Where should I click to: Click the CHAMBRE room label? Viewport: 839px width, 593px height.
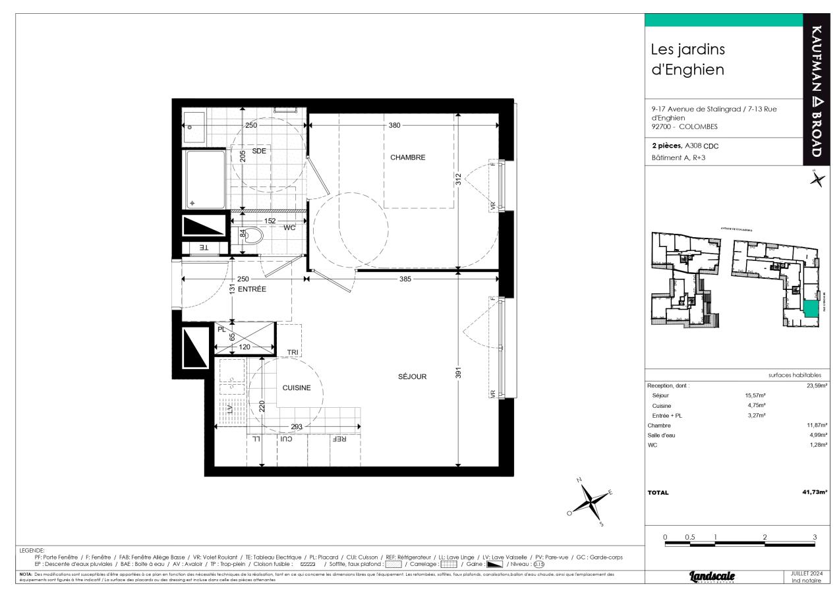click(x=408, y=157)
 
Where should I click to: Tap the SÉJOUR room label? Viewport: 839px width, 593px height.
click(x=413, y=377)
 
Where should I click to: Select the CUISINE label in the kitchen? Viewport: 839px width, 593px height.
click(x=297, y=388)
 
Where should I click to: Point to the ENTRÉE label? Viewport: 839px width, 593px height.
click(x=252, y=289)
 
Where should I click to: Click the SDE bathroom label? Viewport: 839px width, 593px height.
click(x=258, y=151)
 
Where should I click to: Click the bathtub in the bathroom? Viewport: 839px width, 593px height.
click(x=205, y=180)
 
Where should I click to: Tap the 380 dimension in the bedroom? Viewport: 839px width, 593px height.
click(x=394, y=125)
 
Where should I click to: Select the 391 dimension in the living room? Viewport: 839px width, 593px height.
click(x=459, y=373)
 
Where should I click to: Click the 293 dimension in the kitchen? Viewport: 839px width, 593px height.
click(x=297, y=427)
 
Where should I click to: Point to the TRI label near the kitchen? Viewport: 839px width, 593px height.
click(x=293, y=353)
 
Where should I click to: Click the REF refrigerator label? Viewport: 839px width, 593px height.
click(x=339, y=439)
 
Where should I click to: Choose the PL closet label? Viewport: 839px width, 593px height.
click(x=221, y=329)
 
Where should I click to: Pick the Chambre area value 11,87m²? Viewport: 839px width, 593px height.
click(x=815, y=426)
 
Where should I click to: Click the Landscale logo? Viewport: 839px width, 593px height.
click(x=712, y=577)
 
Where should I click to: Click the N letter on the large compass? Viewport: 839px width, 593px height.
click(x=579, y=480)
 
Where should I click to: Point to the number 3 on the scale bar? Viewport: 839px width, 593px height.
click(x=815, y=537)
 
